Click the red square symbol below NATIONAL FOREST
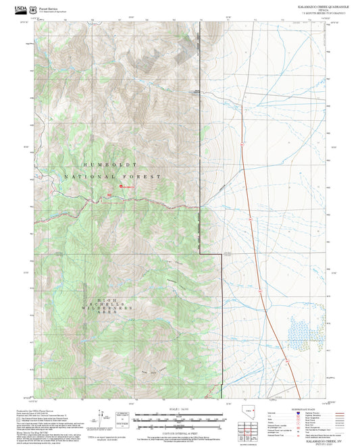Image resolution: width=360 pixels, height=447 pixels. [121, 186]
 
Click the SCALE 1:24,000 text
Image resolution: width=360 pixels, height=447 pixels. [180, 409]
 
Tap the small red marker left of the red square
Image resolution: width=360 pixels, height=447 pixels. [109, 196]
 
